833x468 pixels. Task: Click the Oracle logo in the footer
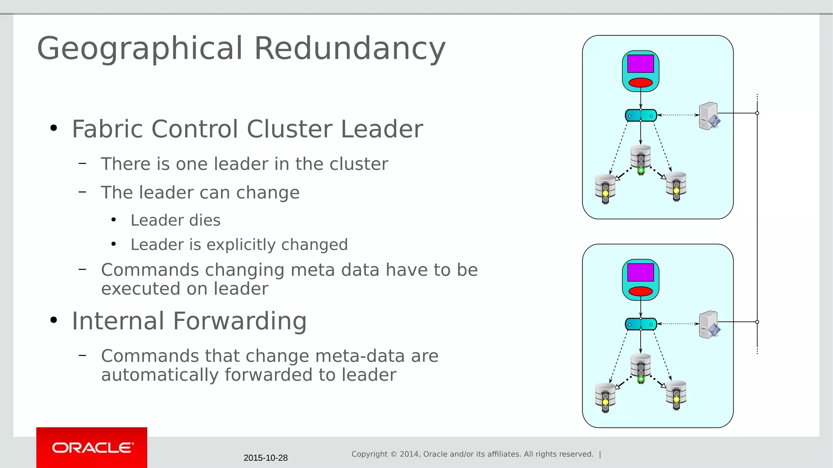(x=92, y=448)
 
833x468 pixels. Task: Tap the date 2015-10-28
(x=266, y=458)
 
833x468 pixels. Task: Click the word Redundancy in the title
(x=350, y=48)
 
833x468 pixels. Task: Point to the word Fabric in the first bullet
(x=108, y=129)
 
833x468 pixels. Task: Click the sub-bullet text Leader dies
(x=175, y=220)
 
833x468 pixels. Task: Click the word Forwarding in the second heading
(x=240, y=321)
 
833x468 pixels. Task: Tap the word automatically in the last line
(x=160, y=375)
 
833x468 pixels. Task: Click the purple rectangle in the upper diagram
(x=640, y=64)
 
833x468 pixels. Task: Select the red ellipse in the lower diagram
(x=640, y=291)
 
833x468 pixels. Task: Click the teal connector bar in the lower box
(x=641, y=324)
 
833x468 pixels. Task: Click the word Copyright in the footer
(x=369, y=454)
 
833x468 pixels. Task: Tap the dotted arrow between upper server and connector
(x=678, y=115)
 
